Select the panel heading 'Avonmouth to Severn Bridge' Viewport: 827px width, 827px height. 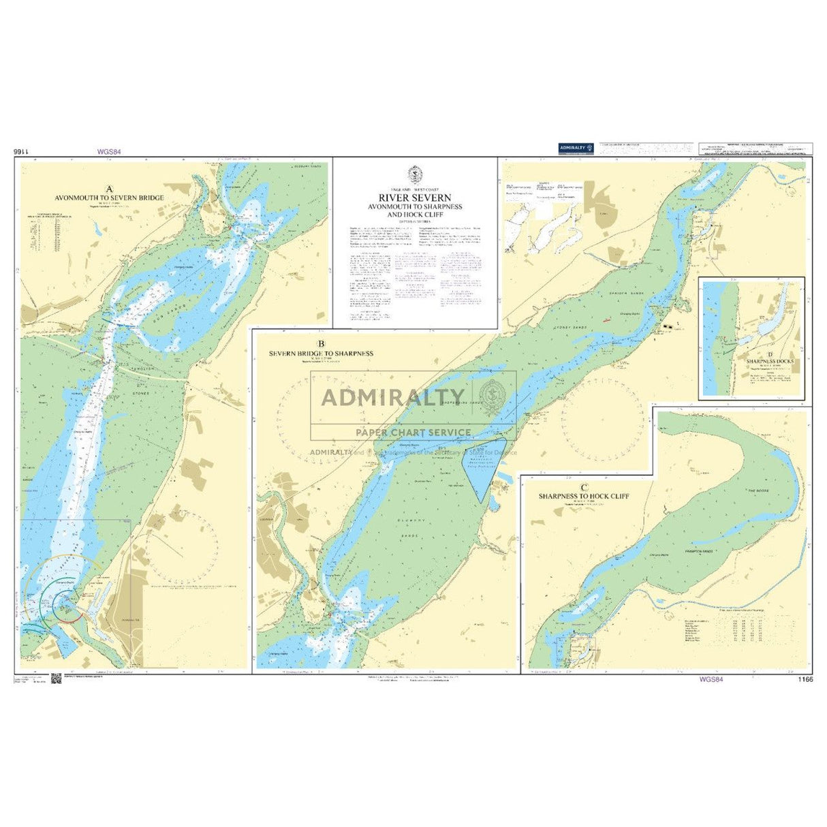coord(110,198)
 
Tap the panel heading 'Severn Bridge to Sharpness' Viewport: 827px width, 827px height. coord(321,354)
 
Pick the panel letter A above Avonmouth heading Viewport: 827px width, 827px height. coord(110,189)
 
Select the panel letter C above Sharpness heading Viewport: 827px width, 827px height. coord(584,487)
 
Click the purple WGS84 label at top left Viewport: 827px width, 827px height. coord(109,153)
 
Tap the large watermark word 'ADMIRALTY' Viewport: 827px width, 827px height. coord(392,396)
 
